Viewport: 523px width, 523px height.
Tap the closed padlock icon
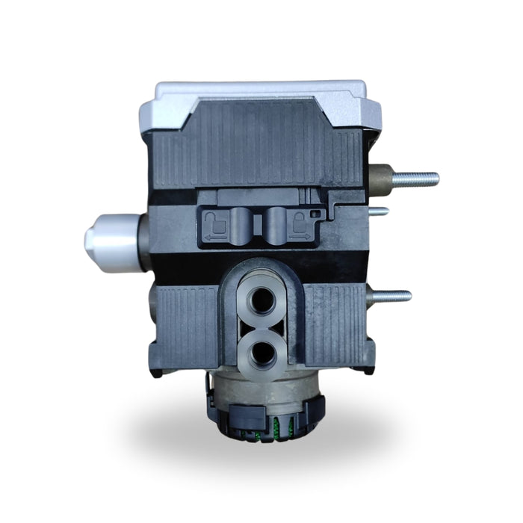pyautogui.click(x=301, y=220)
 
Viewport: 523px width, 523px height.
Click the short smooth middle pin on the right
pyautogui.click(x=383, y=211)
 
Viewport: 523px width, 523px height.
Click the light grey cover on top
pyautogui.click(x=261, y=93)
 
